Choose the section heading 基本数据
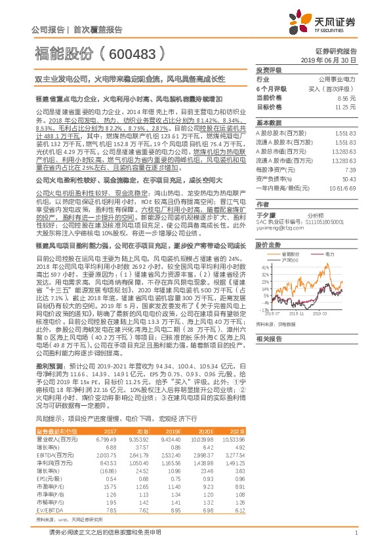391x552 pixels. coord(268,122)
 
